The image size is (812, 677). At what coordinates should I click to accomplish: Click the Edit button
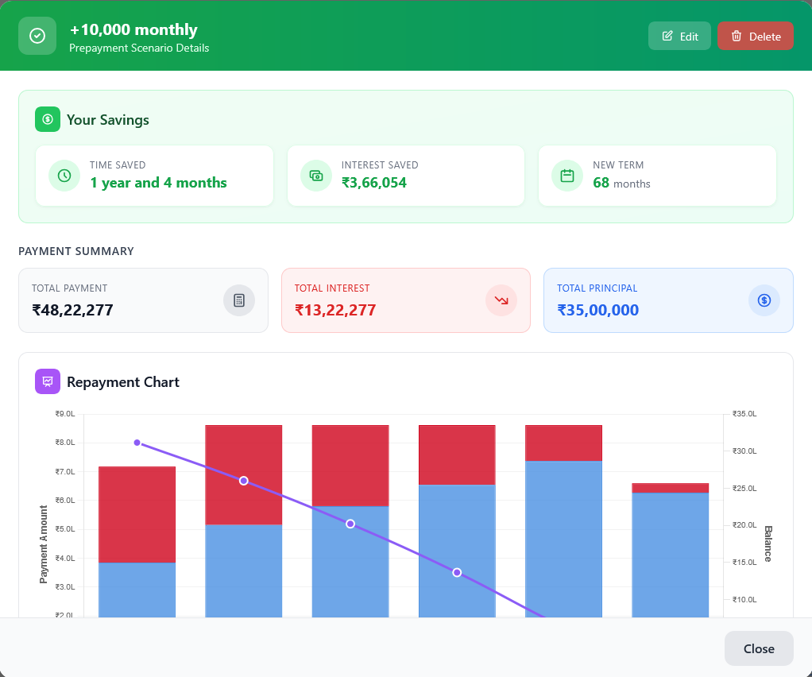pyautogui.click(x=679, y=36)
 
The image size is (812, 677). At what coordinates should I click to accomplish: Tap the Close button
pyautogui.click(x=758, y=648)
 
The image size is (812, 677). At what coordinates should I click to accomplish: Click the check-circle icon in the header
pyautogui.click(x=37, y=36)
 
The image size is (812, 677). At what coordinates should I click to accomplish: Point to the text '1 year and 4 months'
pyautogui.click(x=158, y=183)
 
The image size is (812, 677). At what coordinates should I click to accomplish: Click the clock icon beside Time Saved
pyautogui.click(x=64, y=176)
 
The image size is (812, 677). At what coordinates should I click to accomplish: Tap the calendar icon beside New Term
pyautogui.click(x=567, y=176)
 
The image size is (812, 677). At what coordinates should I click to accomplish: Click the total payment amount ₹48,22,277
pyautogui.click(x=72, y=310)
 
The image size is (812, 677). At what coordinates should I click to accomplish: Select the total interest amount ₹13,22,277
pyautogui.click(x=335, y=310)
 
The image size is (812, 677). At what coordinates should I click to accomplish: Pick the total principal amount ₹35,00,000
pyautogui.click(x=597, y=310)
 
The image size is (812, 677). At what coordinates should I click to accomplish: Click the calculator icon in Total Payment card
pyautogui.click(x=239, y=300)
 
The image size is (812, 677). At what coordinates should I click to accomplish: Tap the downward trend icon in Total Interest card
pyautogui.click(x=501, y=300)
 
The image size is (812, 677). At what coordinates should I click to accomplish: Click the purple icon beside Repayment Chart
pyautogui.click(x=48, y=381)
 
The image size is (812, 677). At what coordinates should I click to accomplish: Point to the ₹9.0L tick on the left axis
pyautogui.click(x=65, y=414)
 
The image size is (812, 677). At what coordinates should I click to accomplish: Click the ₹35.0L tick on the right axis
pyautogui.click(x=744, y=414)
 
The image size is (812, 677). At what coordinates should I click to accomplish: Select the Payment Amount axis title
pyautogui.click(x=44, y=544)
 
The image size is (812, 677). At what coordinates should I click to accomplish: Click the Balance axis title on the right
pyautogui.click(x=768, y=544)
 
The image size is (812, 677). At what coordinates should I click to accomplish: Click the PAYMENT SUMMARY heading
pyautogui.click(x=76, y=251)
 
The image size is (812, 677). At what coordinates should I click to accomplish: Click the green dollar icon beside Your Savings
pyautogui.click(x=48, y=119)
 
